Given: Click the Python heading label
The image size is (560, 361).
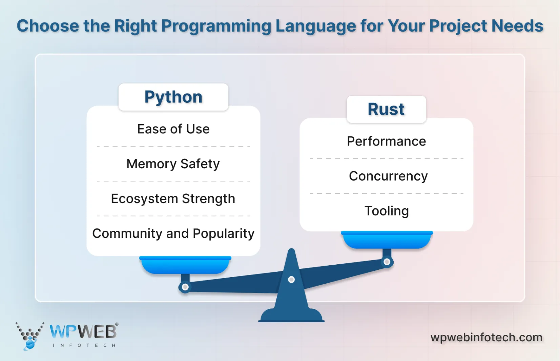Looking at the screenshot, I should [x=173, y=97].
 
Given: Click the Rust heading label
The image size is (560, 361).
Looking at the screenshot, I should [x=386, y=109].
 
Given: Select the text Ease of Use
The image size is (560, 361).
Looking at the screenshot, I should [x=173, y=129].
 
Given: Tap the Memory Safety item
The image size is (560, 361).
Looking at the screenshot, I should [x=173, y=164].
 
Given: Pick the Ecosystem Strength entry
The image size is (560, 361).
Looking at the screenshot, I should [x=173, y=199].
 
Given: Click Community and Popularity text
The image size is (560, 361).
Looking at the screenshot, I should [x=173, y=233].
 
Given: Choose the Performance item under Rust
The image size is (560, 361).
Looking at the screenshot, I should [x=386, y=141].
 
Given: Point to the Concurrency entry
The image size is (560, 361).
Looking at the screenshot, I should [x=388, y=176].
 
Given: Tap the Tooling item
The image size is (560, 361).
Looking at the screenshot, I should [x=387, y=211].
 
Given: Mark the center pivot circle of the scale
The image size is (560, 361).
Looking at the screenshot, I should [x=291, y=280].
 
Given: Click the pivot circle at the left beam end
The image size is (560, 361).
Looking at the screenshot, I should [x=185, y=287].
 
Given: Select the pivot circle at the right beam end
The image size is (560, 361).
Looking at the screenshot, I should [x=387, y=262].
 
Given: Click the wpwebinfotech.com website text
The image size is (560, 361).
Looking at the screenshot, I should [x=486, y=337].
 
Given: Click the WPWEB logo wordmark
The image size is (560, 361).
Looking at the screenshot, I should [x=83, y=331].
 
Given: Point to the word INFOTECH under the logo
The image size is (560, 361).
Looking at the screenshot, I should [x=84, y=345].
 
